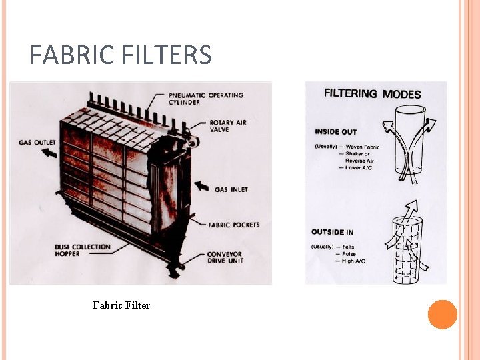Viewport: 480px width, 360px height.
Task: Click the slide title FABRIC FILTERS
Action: (121, 55)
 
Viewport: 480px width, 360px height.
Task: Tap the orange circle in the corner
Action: (443, 315)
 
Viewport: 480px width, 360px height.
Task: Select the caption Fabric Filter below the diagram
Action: (121, 305)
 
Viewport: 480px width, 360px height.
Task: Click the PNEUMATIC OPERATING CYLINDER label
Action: (207, 99)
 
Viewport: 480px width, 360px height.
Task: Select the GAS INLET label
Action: (231, 189)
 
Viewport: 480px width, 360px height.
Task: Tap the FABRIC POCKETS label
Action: (233, 225)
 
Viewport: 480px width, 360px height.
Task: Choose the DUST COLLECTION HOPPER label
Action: (83, 250)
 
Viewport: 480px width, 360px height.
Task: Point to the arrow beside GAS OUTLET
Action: (49, 153)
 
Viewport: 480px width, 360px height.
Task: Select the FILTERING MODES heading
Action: (372, 94)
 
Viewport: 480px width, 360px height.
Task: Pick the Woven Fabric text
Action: (363, 147)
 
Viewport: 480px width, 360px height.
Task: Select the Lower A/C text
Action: (361, 168)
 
